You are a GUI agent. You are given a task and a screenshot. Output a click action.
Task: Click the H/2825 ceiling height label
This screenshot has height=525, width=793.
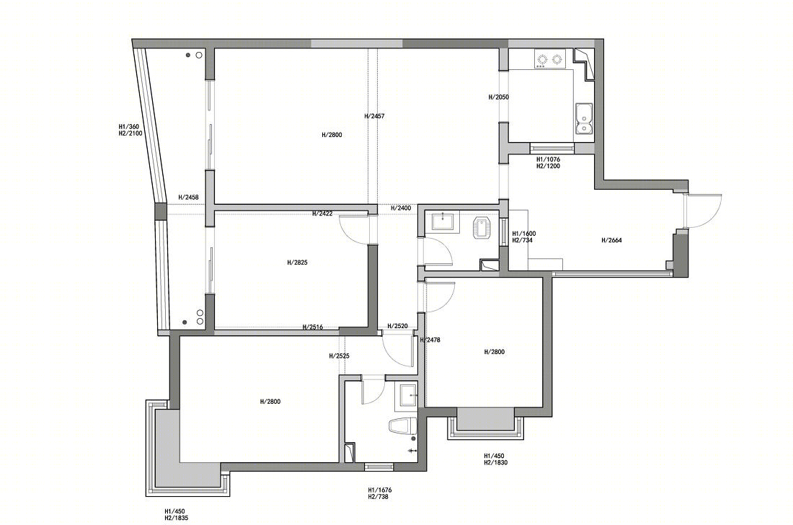(297, 262)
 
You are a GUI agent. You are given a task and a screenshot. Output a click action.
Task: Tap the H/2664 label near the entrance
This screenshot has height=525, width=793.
(611, 240)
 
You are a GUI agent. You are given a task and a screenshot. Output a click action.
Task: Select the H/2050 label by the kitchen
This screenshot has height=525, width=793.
(499, 97)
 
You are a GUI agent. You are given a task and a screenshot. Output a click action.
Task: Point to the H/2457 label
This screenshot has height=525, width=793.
(374, 116)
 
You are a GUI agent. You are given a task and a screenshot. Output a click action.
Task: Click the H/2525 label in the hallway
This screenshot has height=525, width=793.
(339, 356)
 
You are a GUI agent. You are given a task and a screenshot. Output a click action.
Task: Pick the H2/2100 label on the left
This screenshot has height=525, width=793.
(130, 133)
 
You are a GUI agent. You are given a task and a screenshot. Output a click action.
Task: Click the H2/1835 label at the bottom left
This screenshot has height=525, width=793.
(177, 518)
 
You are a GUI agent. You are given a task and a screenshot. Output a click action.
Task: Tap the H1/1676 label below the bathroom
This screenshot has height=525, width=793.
(380, 490)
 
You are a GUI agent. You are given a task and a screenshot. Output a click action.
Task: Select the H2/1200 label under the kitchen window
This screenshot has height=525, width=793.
(548, 166)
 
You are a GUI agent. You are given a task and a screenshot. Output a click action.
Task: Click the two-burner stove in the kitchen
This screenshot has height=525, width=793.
(549, 60)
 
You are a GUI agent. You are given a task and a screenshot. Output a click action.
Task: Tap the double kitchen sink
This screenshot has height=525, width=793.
(584, 119)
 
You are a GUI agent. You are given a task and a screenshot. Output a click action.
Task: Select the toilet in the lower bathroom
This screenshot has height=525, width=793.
(403, 426)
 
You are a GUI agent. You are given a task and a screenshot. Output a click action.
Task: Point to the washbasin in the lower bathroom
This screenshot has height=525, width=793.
(407, 395)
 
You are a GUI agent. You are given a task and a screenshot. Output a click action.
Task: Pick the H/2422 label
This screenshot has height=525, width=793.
(322, 213)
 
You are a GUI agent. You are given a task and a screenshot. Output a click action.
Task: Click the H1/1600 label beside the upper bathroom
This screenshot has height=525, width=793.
(524, 234)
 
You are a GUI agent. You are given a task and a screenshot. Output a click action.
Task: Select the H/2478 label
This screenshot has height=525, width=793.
(431, 340)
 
